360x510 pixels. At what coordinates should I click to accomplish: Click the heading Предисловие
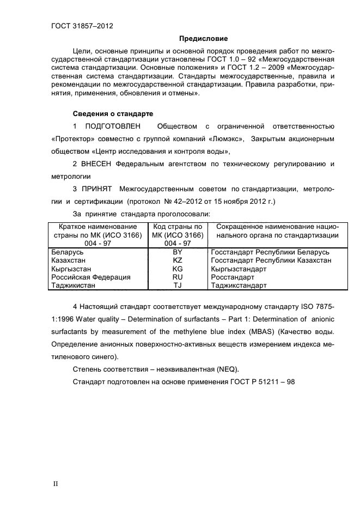click(203, 38)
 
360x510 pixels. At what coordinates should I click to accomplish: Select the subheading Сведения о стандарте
click(113, 114)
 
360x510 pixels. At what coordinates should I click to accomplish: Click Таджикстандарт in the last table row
click(238, 285)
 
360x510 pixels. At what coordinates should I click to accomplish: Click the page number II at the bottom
click(55, 484)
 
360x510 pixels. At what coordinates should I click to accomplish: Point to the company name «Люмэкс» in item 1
click(226, 139)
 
